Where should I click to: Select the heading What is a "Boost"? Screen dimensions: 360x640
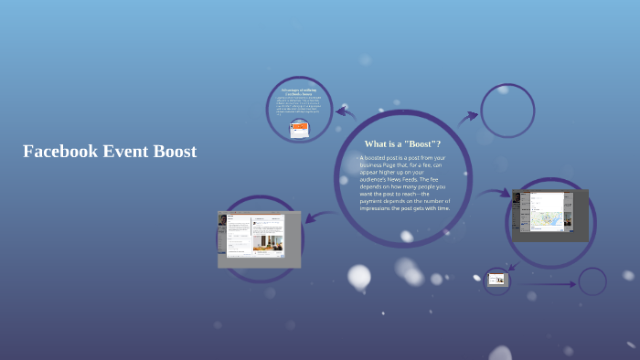[x=402, y=144]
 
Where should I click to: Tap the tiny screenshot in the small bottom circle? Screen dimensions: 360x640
[x=496, y=280]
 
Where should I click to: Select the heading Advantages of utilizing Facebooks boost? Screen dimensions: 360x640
[x=299, y=90]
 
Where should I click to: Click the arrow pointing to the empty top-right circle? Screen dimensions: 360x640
[x=468, y=116]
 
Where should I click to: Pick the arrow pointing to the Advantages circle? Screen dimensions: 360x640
[x=345, y=112]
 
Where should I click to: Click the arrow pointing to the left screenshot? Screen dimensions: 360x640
[x=315, y=217]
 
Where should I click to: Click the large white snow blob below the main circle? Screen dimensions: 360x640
[x=359, y=275]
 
